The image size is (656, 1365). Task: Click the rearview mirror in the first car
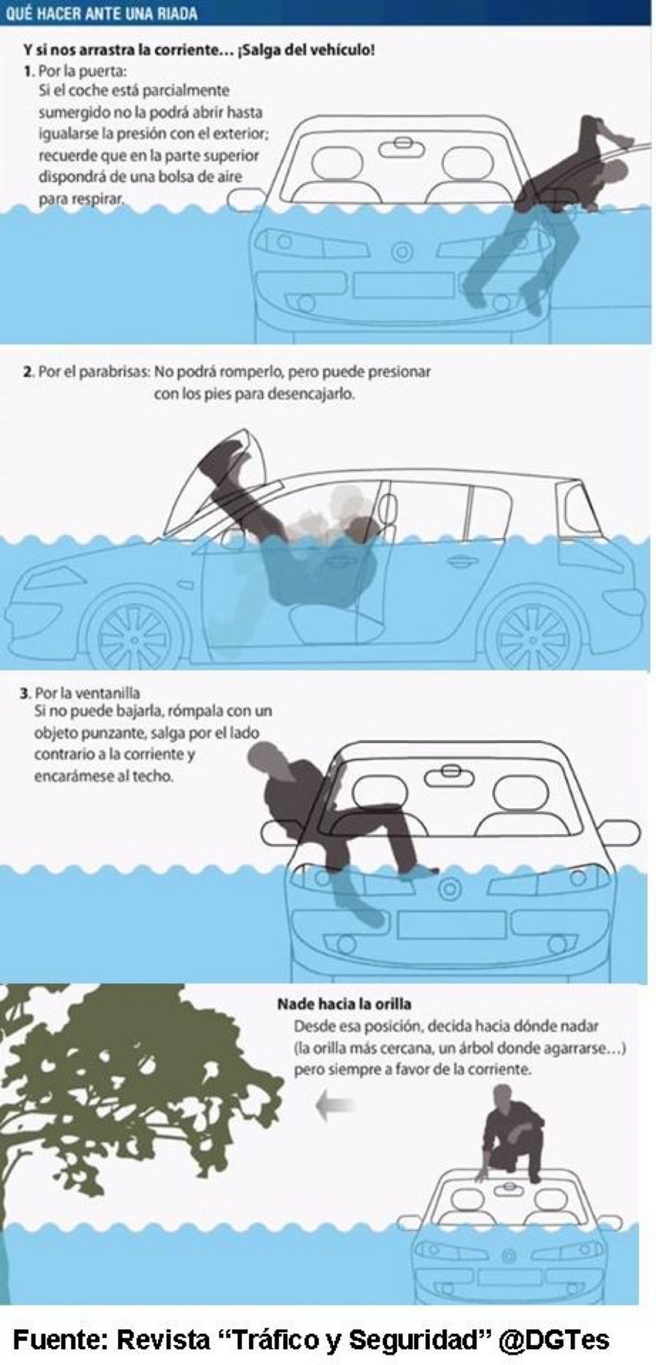(402, 148)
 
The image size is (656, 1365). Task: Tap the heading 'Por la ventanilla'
(87, 693)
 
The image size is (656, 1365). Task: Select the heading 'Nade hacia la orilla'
(344, 1004)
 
